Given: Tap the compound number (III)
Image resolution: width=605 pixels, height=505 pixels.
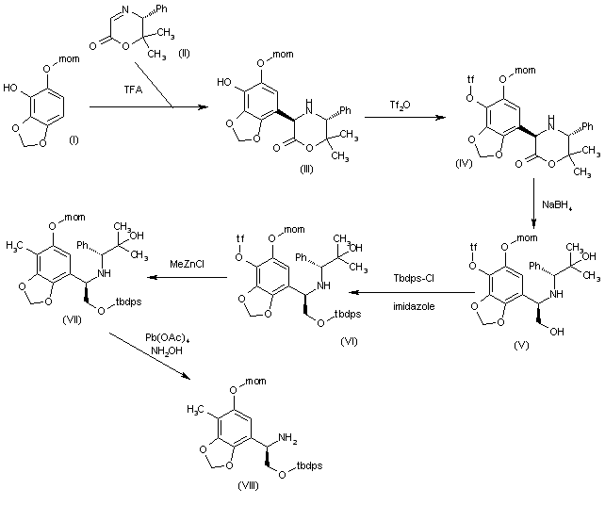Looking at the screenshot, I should [307, 194].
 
